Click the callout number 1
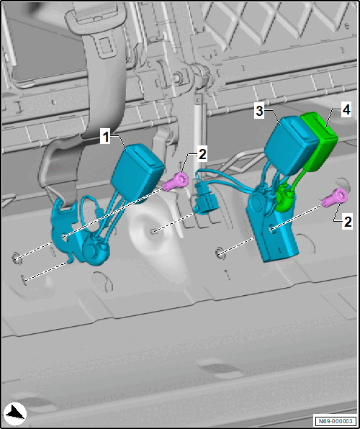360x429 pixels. [105, 137]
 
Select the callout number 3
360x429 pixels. [258, 112]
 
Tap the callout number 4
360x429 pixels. [346, 111]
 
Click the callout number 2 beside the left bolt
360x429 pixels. [202, 155]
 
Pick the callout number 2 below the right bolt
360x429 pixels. [347, 222]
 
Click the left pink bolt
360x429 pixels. [175, 181]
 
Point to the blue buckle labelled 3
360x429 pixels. [292, 145]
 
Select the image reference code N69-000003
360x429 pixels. [336, 420]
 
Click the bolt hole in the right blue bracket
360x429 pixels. [273, 229]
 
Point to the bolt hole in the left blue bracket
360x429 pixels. [64, 237]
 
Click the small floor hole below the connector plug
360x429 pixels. [155, 232]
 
